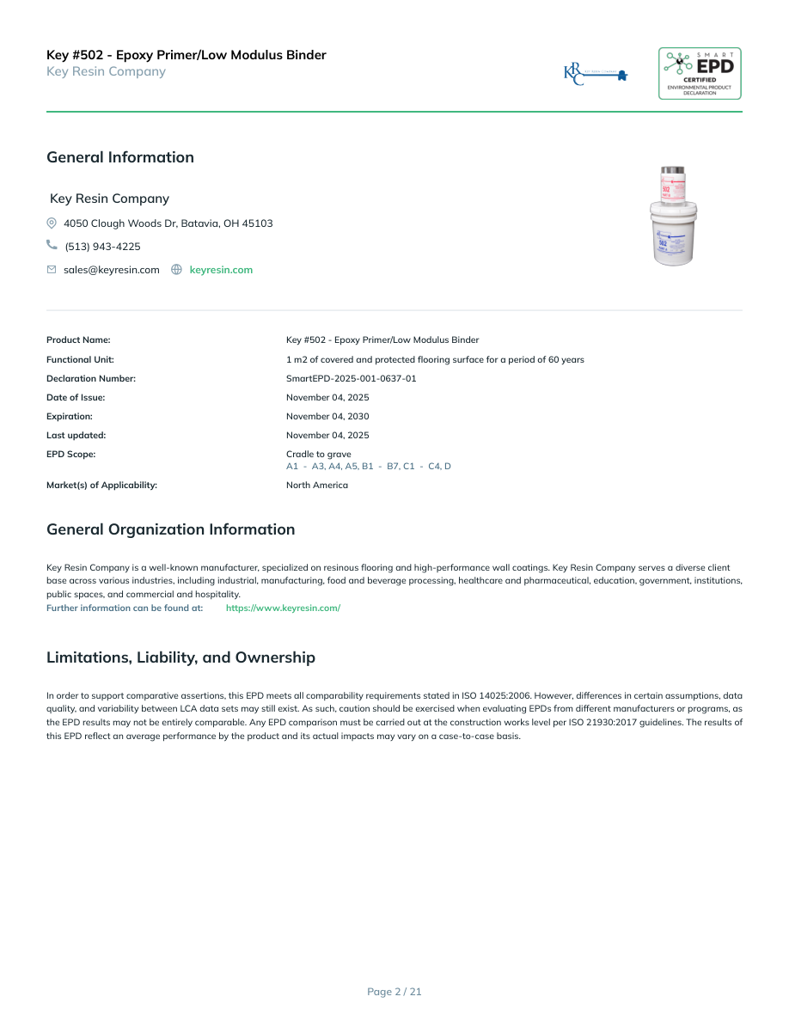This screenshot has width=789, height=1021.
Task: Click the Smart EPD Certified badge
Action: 700,73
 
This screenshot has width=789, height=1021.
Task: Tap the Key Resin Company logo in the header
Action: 596,74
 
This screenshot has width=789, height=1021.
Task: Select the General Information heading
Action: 120,157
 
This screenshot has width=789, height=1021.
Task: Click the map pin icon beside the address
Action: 52,223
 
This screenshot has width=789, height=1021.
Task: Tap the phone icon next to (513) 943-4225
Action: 52,246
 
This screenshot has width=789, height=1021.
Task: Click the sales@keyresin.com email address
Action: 112,270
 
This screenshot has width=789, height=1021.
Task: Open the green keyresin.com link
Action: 221,270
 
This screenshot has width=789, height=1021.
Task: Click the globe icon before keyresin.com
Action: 176,270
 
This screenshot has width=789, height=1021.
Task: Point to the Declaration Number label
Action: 91,378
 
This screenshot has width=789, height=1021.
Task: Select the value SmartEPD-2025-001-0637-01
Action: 351,378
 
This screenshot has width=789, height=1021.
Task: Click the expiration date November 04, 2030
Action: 327,416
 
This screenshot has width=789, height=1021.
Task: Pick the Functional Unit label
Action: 80,359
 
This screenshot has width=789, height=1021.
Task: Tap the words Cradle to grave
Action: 318,454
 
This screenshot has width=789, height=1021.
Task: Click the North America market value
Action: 317,485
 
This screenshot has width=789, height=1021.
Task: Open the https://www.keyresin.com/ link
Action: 283,608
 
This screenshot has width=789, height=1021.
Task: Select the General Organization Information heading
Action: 170,529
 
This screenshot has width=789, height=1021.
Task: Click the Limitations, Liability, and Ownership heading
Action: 180,657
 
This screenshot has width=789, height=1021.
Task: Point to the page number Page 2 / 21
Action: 394,992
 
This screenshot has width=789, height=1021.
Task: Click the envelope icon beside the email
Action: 52,270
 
